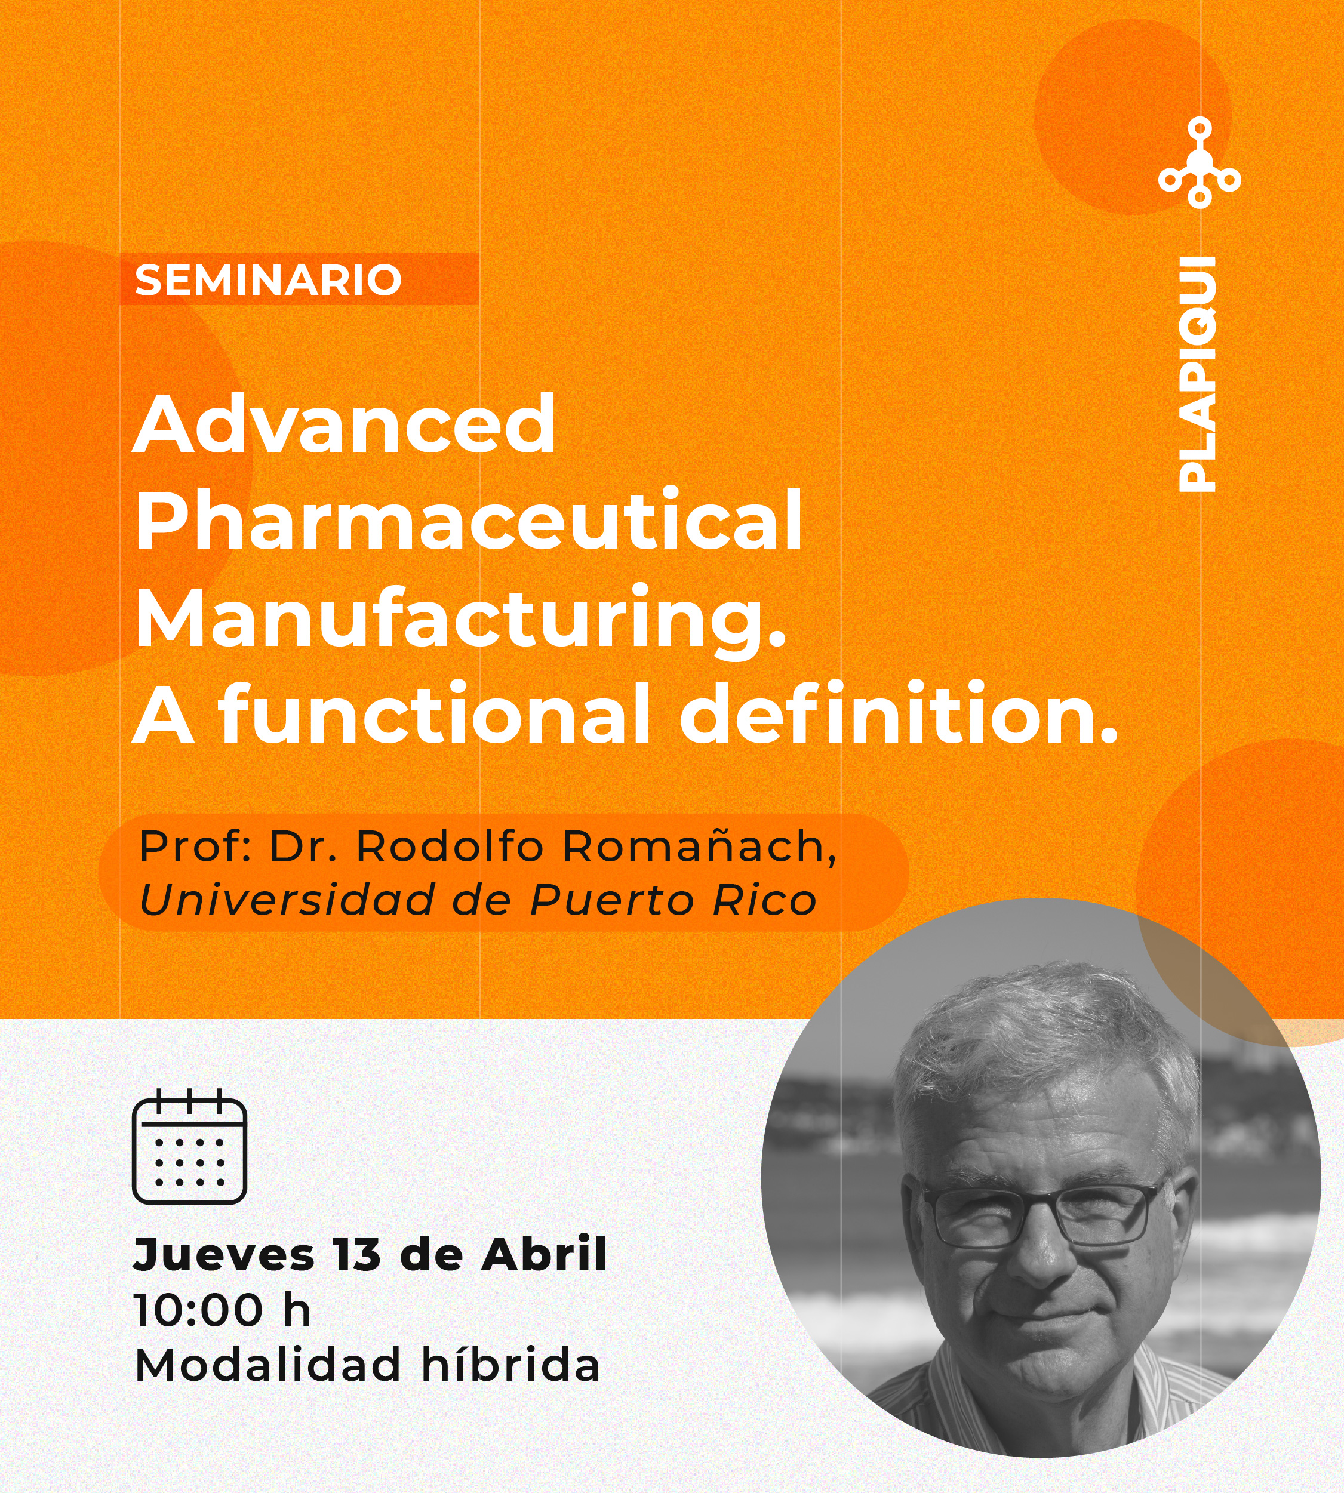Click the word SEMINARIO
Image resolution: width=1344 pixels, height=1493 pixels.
coord(268,280)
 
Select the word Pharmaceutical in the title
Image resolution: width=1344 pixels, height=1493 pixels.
coord(468,520)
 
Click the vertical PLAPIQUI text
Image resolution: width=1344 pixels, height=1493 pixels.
coord(1197,374)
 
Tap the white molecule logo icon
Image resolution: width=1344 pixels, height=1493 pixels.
coord(1200,162)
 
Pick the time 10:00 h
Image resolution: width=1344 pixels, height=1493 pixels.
coord(222,1310)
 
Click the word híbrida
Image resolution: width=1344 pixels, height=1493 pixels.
coord(510,1364)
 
